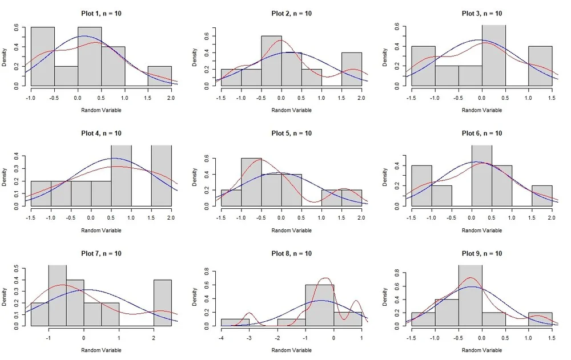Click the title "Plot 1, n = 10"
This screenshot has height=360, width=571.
pyautogui.click(x=100, y=14)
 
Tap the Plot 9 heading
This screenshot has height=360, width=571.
pyautogui.click(x=482, y=253)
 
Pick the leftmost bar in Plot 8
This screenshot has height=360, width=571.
pyautogui.click(x=235, y=322)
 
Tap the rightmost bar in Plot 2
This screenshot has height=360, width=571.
pyautogui.click(x=352, y=69)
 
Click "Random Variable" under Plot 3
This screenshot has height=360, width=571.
pyautogui.click(x=482, y=110)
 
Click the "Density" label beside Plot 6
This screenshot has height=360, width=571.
pyautogui.click(x=387, y=177)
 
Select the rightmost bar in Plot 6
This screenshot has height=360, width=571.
pyautogui.click(x=542, y=195)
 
